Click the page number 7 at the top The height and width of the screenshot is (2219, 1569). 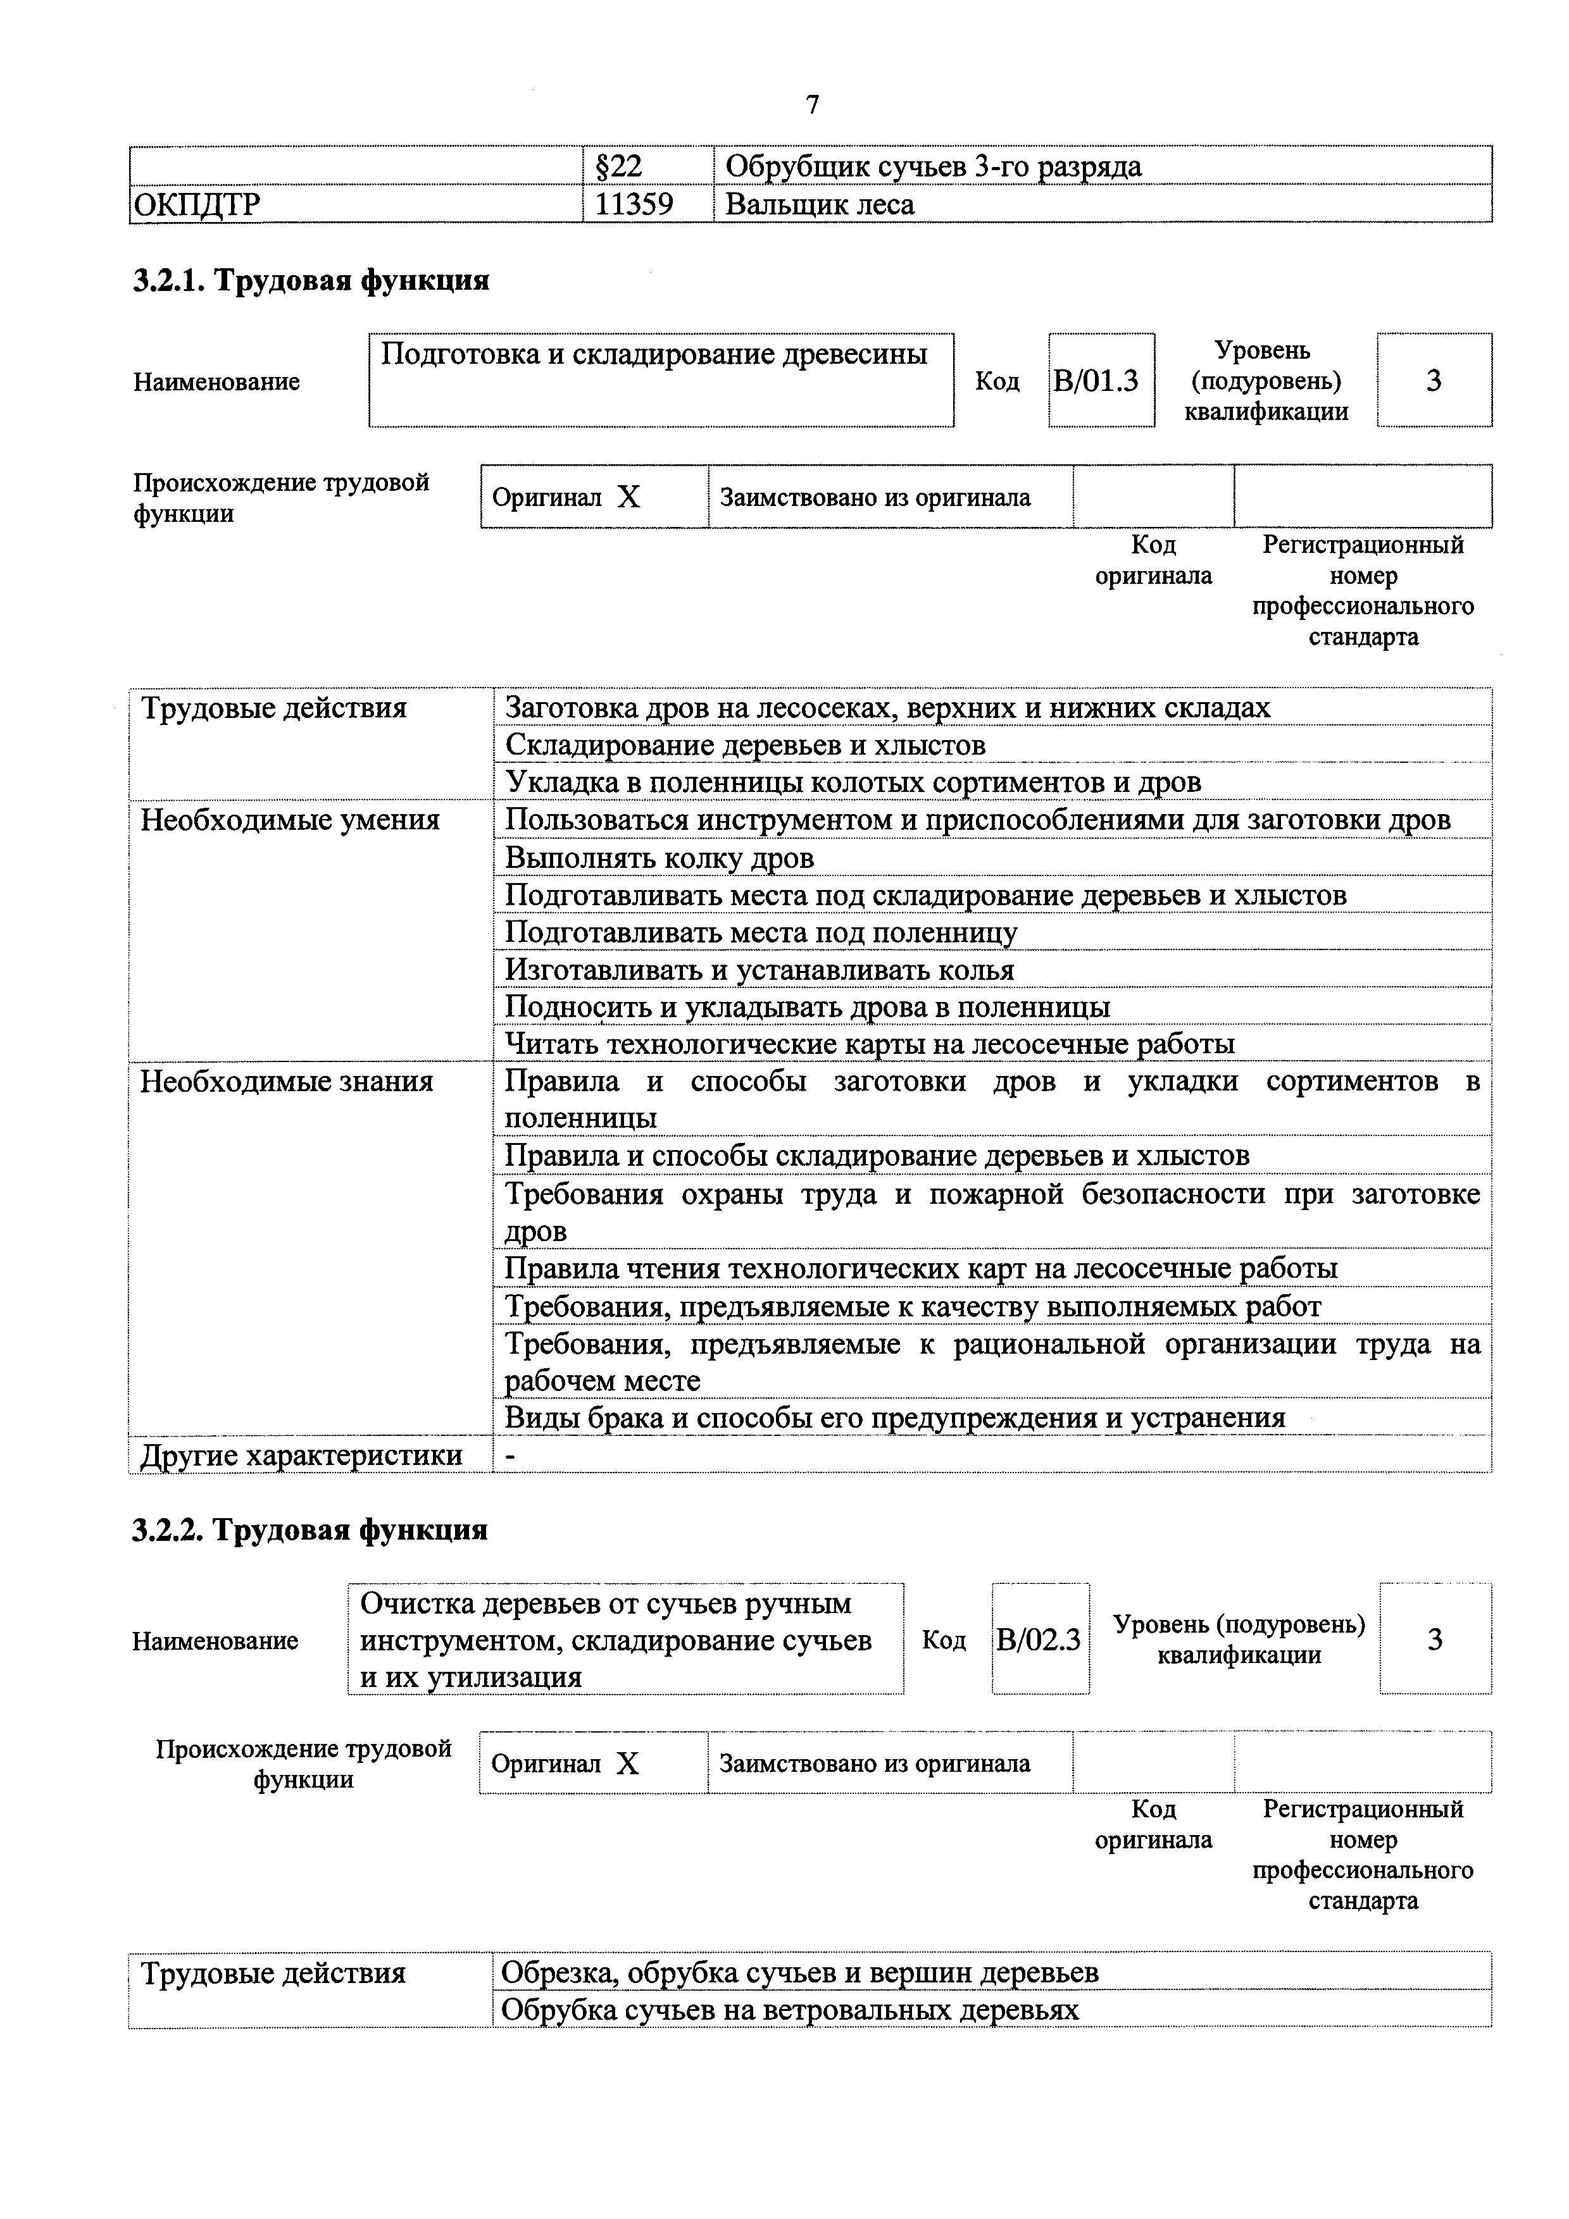point(812,104)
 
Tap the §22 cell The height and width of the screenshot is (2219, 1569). point(616,166)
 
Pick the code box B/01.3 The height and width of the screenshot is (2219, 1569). point(1096,381)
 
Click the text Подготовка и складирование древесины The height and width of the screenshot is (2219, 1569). point(654,355)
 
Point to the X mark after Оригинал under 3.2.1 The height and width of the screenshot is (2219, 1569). point(628,498)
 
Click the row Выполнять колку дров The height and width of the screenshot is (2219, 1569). point(659,857)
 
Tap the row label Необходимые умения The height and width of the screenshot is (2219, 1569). point(290,820)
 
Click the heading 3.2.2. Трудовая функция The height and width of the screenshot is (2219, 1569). point(309,1530)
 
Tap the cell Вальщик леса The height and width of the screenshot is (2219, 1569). point(819,204)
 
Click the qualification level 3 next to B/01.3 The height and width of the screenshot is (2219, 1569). point(1433,381)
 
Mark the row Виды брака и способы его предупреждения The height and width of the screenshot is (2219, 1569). point(894,1418)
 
